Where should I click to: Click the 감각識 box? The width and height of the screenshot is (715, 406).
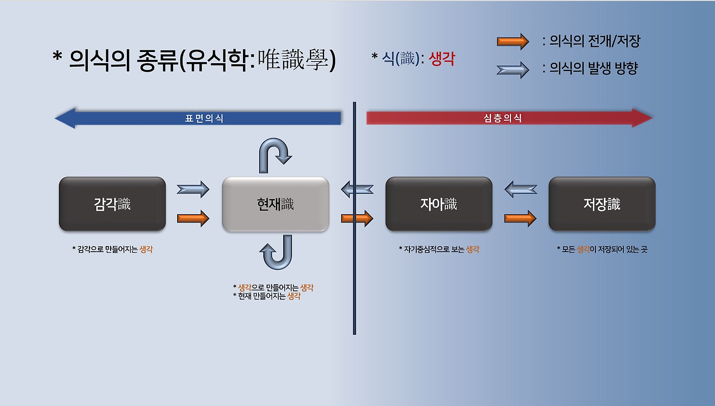click(112, 204)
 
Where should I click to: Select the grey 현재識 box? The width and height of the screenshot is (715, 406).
click(275, 204)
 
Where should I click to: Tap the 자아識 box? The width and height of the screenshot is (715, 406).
click(438, 204)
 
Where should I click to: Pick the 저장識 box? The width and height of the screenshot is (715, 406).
click(602, 204)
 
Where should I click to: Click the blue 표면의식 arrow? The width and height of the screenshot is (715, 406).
click(198, 119)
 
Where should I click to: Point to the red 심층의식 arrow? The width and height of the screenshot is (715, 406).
click(509, 119)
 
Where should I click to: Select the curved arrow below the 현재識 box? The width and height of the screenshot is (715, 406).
click(275, 253)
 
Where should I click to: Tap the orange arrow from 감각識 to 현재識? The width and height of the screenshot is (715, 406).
click(193, 218)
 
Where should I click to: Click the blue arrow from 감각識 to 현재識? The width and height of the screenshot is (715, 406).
click(193, 190)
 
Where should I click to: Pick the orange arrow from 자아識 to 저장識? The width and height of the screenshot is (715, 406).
click(520, 218)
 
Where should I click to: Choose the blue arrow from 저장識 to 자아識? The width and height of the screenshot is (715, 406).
click(520, 190)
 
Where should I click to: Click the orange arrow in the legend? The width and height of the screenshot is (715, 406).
click(512, 41)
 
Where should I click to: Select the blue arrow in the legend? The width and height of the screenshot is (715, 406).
click(512, 70)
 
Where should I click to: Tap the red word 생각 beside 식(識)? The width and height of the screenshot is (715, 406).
click(442, 59)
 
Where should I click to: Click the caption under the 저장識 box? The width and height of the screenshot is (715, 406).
click(602, 249)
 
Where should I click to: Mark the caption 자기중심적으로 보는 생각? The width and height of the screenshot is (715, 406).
click(438, 249)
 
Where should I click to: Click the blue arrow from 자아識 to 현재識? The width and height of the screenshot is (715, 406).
click(357, 190)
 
